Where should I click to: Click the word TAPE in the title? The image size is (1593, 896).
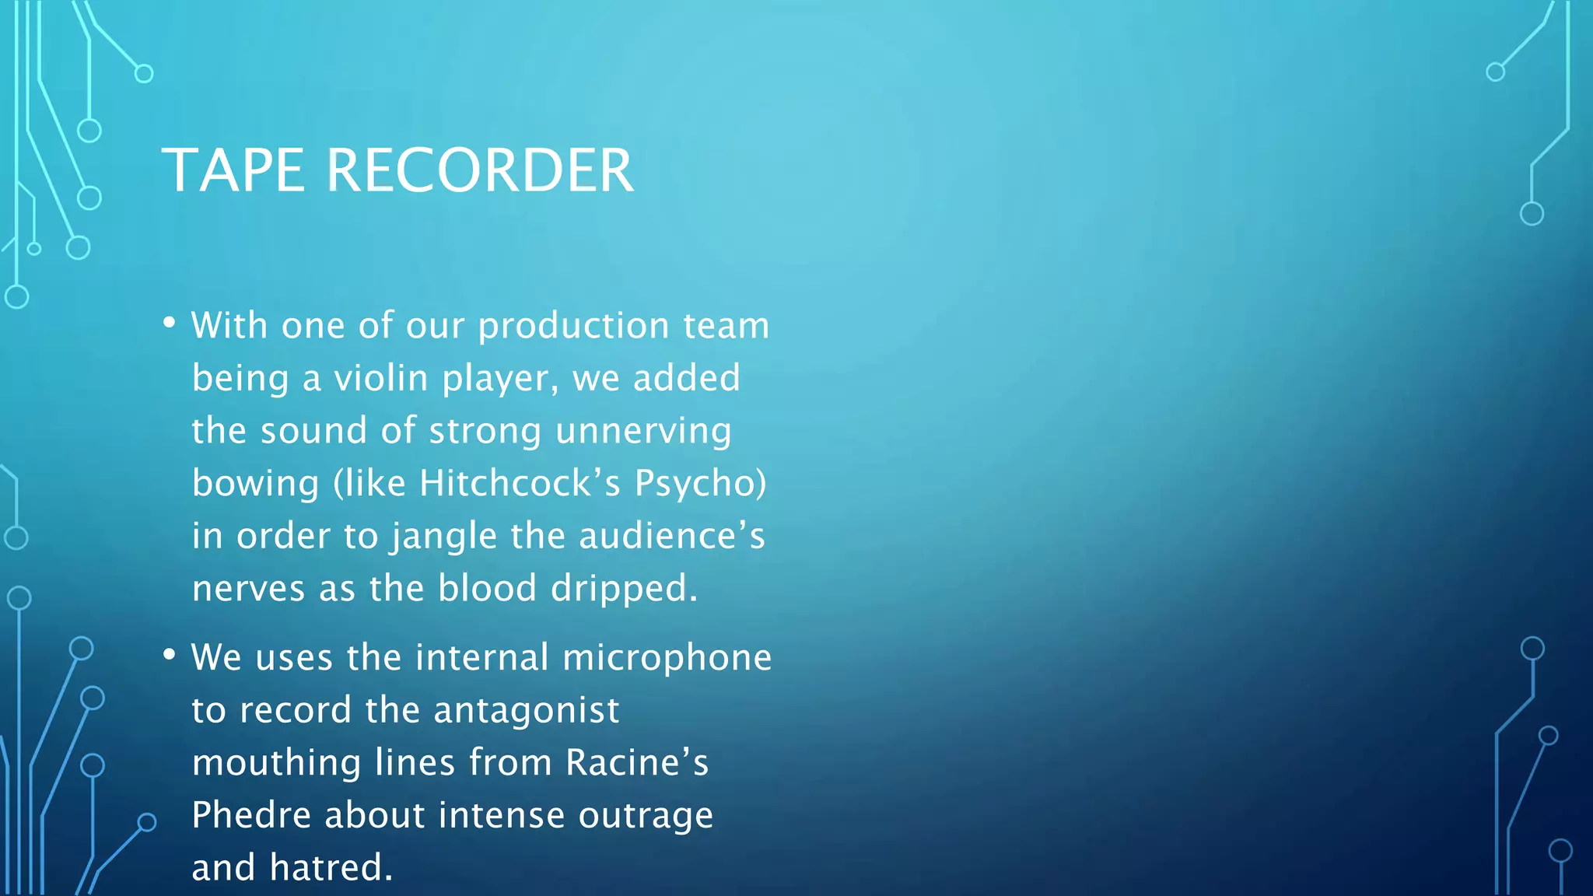pyautogui.click(x=233, y=170)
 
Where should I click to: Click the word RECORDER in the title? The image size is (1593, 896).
pyautogui.click(x=480, y=170)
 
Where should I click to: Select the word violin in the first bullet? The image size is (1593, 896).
pyautogui.click(x=381, y=379)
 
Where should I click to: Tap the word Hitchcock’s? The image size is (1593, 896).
pyautogui.click(x=520, y=484)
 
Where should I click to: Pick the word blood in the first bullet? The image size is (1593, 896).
pyautogui.click(x=487, y=589)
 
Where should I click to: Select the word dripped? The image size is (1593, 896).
pyautogui.click(x=624, y=589)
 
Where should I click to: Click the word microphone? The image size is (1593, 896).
pyautogui.click(x=667, y=658)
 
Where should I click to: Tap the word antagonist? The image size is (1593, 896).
pyautogui.click(x=526, y=710)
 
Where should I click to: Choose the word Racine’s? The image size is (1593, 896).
pyautogui.click(x=637, y=763)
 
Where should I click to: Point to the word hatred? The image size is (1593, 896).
pyautogui.click(x=331, y=868)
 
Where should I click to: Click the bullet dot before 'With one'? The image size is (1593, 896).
pyautogui.click(x=170, y=322)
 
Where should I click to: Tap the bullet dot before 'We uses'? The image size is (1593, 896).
pyautogui.click(x=170, y=655)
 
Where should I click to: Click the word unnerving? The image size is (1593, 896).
pyautogui.click(x=643, y=432)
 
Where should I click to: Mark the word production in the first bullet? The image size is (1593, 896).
pyautogui.click(x=573, y=327)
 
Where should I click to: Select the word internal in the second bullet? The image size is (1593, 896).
pyautogui.click(x=482, y=658)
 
